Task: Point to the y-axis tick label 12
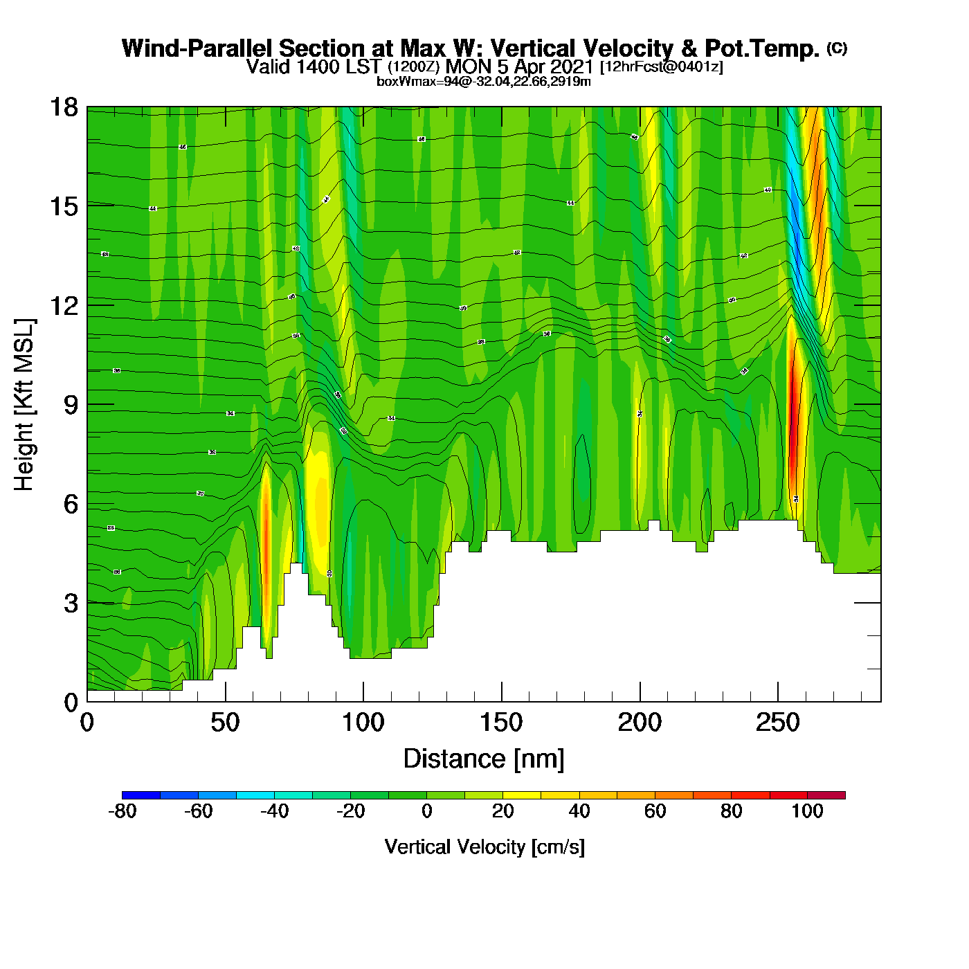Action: pyautogui.click(x=64, y=305)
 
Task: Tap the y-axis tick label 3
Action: pyautogui.click(x=71, y=603)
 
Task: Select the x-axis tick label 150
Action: pyautogui.click(x=501, y=723)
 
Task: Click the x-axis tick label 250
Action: pyautogui.click(x=778, y=723)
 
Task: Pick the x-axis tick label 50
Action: pyautogui.click(x=225, y=723)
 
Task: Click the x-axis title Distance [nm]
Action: pyautogui.click(x=484, y=759)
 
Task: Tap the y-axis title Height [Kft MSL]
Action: pyautogui.click(x=24, y=405)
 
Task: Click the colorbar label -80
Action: pyautogui.click(x=123, y=811)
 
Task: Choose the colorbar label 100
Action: pyautogui.click(x=807, y=811)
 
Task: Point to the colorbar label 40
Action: pyautogui.click(x=579, y=811)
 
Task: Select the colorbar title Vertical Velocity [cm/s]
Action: pyautogui.click(x=484, y=847)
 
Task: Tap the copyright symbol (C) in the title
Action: pyautogui.click(x=837, y=48)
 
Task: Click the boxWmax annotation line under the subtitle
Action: pyautogui.click(x=484, y=82)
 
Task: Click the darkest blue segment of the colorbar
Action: pyautogui.click(x=141, y=795)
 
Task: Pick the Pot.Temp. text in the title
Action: pyautogui.click(x=762, y=48)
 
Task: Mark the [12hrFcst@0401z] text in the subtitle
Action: pyautogui.click(x=661, y=66)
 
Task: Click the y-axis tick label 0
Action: pyautogui.click(x=71, y=703)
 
